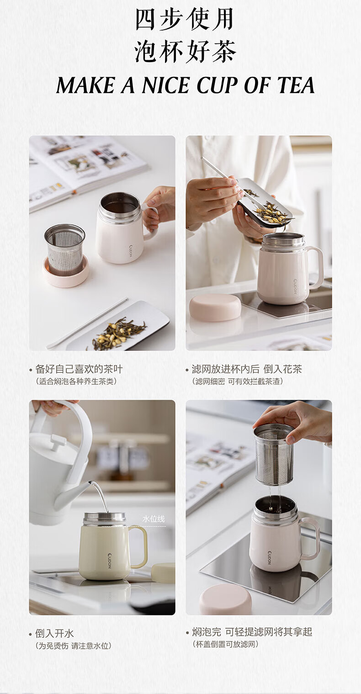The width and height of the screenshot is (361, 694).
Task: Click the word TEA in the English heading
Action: (x=296, y=85)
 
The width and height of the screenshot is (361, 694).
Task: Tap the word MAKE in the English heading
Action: (x=85, y=85)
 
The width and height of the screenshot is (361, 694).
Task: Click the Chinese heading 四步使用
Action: (x=184, y=20)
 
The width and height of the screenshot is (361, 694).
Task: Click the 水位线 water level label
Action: (x=154, y=519)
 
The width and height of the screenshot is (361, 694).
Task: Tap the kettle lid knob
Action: (x=58, y=441)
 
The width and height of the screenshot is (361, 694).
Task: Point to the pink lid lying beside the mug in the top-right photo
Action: (x=215, y=307)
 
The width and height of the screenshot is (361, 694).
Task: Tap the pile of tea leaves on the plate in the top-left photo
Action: (x=119, y=334)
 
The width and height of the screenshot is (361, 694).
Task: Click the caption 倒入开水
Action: (x=54, y=633)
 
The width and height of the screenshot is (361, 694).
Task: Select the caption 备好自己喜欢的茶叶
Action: (x=79, y=369)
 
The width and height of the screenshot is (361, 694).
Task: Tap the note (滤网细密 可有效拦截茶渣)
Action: (x=238, y=381)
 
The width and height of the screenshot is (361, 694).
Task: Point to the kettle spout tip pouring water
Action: (x=90, y=482)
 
